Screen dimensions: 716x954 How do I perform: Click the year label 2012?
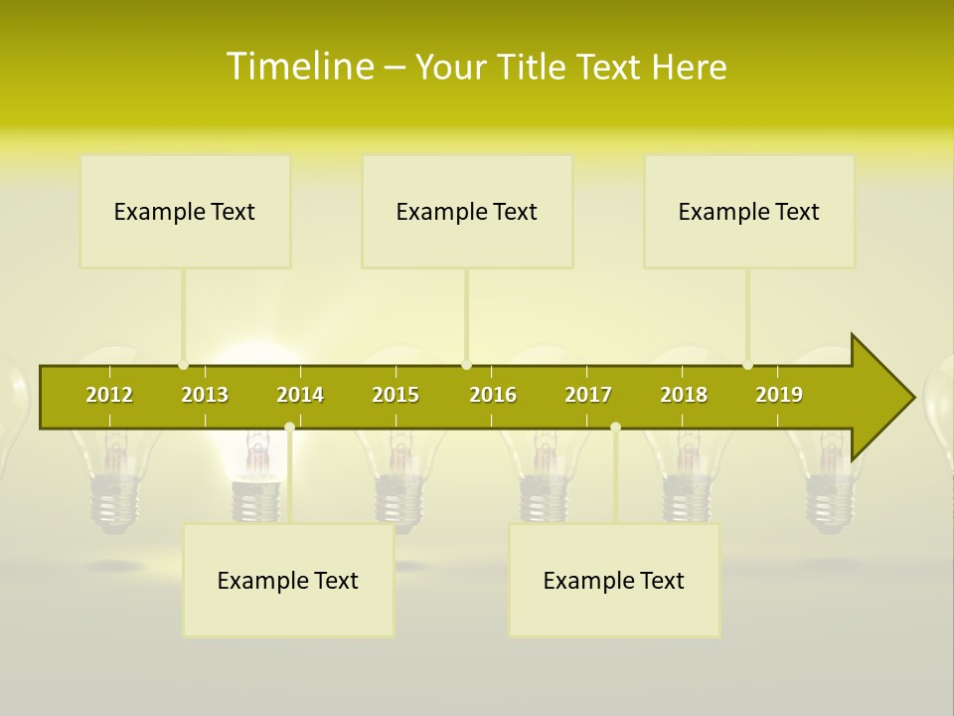pyautogui.click(x=109, y=395)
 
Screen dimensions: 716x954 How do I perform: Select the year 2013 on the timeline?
pyautogui.click(x=205, y=395)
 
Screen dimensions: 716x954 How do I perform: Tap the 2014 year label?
pyautogui.click(x=300, y=395)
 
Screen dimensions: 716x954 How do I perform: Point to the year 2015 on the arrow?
pyautogui.click(x=396, y=395)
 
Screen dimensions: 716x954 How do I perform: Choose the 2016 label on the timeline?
pyautogui.click(x=493, y=395)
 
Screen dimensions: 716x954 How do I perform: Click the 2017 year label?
pyautogui.click(x=588, y=395)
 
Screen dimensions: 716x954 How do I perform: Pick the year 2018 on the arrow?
pyautogui.click(x=684, y=395)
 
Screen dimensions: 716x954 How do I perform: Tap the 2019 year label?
pyautogui.click(x=779, y=395)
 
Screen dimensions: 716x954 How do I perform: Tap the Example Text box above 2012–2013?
pyautogui.click(x=185, y=211)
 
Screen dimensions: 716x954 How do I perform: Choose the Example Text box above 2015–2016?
pyautogui.click(x=467, y=211)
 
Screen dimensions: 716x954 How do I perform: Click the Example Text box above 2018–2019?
pyautogui.click(x=749, y=211)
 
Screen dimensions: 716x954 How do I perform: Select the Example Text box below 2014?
pyautogui.click(x=288, y=580)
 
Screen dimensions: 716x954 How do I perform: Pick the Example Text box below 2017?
pyautogui.click(x=614, y=580)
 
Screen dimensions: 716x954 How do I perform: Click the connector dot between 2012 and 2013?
pyautogui.click(x=184, y=365)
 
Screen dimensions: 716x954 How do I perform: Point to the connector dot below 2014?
pyautogui.click(x=289, y=428)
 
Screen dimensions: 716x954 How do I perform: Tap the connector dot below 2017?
pyautogui.click(x=615, y=428)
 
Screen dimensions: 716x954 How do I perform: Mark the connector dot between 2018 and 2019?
pyautogui.click(x=748, y=365)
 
